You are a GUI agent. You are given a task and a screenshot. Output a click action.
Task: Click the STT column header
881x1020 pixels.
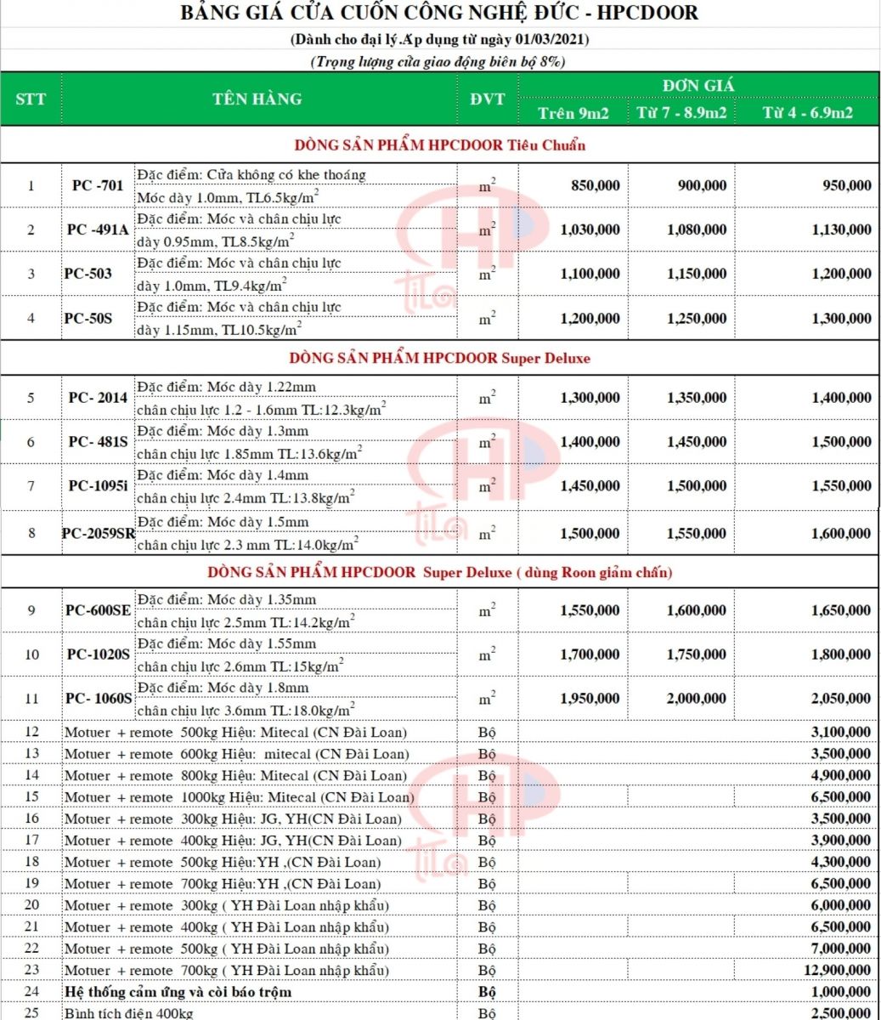coord(31,99)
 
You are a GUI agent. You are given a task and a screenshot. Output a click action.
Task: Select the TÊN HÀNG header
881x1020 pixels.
coord(257,99)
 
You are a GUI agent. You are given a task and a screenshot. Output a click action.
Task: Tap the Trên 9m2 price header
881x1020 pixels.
coord(573,113)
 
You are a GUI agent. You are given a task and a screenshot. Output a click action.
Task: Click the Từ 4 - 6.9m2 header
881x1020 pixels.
coord(807,113)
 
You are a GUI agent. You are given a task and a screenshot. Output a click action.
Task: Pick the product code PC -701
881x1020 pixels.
coord(98,185)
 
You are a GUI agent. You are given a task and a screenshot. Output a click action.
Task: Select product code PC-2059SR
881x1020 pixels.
coord(99,534)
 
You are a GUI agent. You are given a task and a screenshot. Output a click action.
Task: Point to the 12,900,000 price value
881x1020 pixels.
coord(836,971)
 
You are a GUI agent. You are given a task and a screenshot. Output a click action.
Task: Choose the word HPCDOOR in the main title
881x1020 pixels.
coord(649,14)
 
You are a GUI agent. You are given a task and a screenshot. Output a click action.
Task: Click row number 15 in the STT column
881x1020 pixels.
coord(32,797)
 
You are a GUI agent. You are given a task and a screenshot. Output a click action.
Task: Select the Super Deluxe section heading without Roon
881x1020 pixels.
coord(439,359)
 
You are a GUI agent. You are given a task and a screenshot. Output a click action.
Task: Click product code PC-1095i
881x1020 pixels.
coord(99,486)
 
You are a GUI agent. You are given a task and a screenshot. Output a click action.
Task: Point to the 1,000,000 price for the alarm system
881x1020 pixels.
coord(841,992)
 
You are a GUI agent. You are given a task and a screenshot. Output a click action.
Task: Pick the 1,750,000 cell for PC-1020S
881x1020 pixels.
coord(697,654)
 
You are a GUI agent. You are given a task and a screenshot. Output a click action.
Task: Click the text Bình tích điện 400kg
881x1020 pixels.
coord(129,1013)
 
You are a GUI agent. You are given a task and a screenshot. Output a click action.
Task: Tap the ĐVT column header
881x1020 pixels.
coord(487,99)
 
